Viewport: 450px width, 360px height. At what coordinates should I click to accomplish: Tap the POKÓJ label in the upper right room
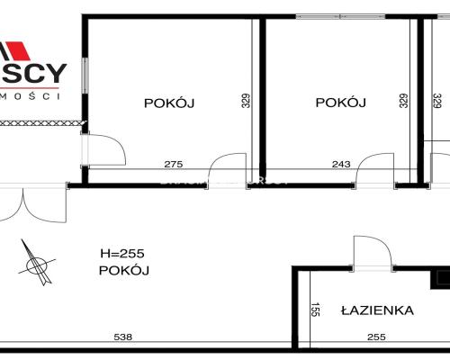tap(341, 103)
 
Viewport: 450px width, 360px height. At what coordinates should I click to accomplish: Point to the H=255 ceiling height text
tap(124, 254)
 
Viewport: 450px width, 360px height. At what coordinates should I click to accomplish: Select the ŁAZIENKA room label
tap(377, 311)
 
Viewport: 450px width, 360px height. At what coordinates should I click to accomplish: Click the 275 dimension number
tap(173, 164)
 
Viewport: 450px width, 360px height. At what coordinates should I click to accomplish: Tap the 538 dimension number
tap(123, 337)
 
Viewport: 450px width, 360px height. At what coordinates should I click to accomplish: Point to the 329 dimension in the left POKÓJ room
tap(244, 102)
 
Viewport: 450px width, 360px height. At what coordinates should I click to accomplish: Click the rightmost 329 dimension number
tap(436, 102)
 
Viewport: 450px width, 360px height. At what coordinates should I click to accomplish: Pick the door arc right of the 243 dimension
tap(371, 168)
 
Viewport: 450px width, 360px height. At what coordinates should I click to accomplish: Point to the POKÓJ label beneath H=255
tap(124, 270)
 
